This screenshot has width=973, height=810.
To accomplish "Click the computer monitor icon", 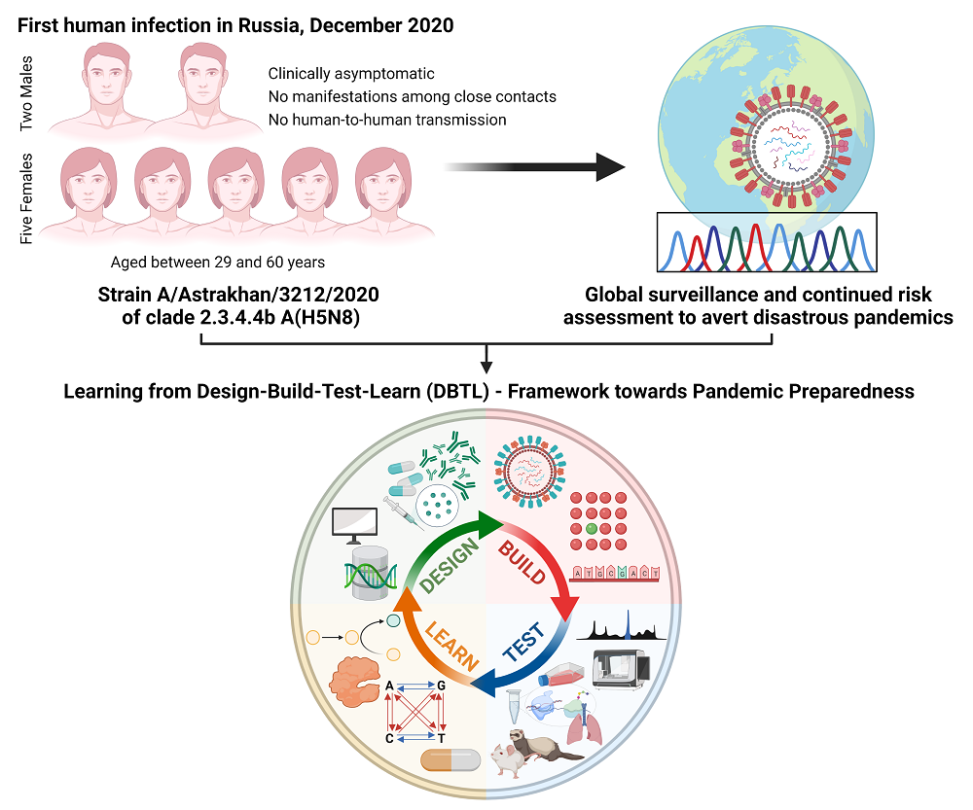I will pyautogui.click(x=353, y=525).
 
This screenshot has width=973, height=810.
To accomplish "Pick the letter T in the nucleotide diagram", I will pyautogui.click(x=443, y=740).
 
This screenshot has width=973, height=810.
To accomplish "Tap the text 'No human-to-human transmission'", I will pyautogui.click(x=387, y=120).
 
